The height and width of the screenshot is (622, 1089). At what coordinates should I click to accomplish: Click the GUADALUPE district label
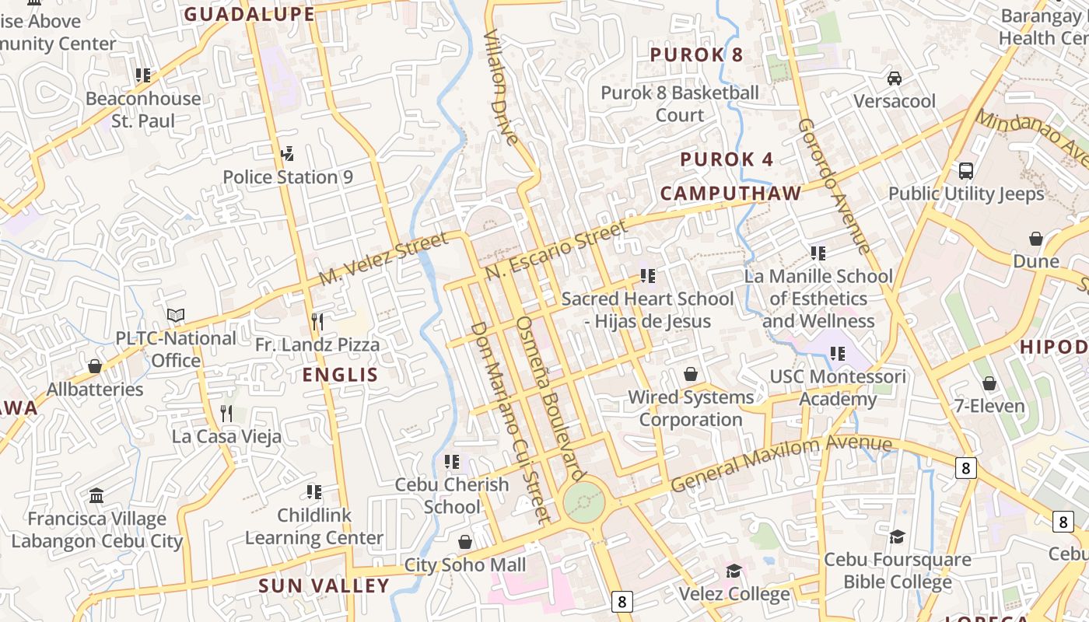[x=249, y=14]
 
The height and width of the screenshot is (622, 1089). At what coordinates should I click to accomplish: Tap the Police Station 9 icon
[x=287, y=154]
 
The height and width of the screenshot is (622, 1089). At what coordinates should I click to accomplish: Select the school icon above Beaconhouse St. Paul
[x=142, y=75]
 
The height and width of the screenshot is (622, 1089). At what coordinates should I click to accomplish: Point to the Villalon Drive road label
[x=499, y=87]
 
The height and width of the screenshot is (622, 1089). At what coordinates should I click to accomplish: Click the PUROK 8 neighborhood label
[x=696, y=54]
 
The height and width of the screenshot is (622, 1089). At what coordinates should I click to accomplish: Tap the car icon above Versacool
[x=895, y=78]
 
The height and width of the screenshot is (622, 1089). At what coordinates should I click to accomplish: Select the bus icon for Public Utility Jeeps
[x=966, y=170]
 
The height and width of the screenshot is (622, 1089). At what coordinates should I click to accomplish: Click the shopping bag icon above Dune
[x=1035, y=238]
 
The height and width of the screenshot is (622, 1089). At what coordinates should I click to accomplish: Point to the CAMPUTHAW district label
[x=730, y=194]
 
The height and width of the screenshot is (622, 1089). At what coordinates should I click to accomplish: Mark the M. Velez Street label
[x=383, y=258]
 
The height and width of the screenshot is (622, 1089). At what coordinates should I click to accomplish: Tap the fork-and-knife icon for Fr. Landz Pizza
[x=317, y=321]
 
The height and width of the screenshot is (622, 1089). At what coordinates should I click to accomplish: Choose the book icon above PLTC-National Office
[x=176, y=315]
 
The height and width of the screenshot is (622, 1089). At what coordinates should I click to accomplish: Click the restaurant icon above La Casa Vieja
[x=226, y=413]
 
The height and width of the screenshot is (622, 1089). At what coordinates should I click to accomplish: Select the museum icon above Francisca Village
[x=96, y=495]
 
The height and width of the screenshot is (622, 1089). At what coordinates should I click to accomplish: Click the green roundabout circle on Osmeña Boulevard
[x=583, y=502]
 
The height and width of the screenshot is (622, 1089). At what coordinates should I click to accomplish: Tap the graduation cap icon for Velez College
[x=734, y=571]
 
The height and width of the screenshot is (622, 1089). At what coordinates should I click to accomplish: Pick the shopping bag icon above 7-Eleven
[x=989, y=383]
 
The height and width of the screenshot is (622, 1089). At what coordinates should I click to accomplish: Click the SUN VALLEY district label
[x=324, y=585]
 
